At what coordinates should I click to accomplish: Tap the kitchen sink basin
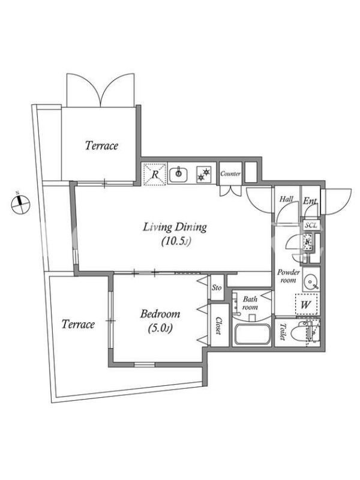point(178,174)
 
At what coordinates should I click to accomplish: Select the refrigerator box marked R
point(155,174)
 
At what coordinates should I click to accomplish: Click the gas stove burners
point(204,174)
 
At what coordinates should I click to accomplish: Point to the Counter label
point(230,173)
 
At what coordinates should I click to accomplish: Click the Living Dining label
point(175,227)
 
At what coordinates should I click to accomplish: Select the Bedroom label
point(160,314)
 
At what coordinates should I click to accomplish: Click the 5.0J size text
point(160,328)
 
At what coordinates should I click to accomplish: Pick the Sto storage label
point(217,287)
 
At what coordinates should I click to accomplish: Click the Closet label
point(218,325)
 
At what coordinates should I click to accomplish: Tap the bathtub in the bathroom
point(251,334)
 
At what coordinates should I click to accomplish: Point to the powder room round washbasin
point(310,281)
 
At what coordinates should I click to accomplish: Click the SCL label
point(311,226)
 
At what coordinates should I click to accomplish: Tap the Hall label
point(287,199)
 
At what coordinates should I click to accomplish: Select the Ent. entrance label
point(310,201)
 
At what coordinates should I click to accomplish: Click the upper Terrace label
point(101,145)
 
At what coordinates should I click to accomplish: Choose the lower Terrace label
point(78,324)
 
